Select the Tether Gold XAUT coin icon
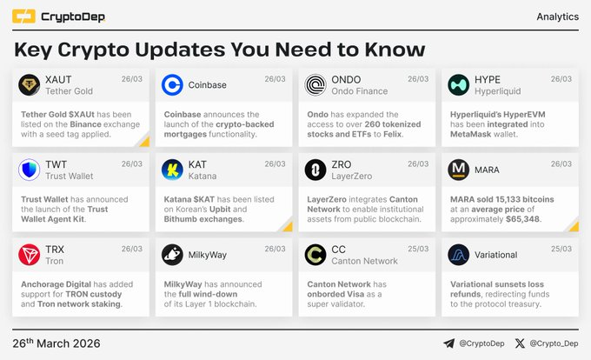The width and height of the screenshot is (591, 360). coord(30,84)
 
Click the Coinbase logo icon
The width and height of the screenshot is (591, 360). coord(173,84)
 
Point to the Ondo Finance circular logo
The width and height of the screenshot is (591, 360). coord(315,84)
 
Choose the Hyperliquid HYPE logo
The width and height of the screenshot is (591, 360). coord(459,84)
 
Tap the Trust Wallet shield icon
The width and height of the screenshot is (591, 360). coord(30,170)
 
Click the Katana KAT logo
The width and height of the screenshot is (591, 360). coord(173,170)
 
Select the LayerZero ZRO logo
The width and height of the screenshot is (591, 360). coord(315,170)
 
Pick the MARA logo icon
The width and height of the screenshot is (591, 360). coord(459,170)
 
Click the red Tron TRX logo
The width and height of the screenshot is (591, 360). coord(30,255)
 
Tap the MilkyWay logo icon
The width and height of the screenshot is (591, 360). coord(173,255)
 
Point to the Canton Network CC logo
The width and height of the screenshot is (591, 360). coord(315,255)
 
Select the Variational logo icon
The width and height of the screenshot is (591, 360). coord(459,255)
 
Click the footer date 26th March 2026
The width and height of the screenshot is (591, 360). coord(60,343)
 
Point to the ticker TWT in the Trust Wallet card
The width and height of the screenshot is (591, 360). coord(56,163)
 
